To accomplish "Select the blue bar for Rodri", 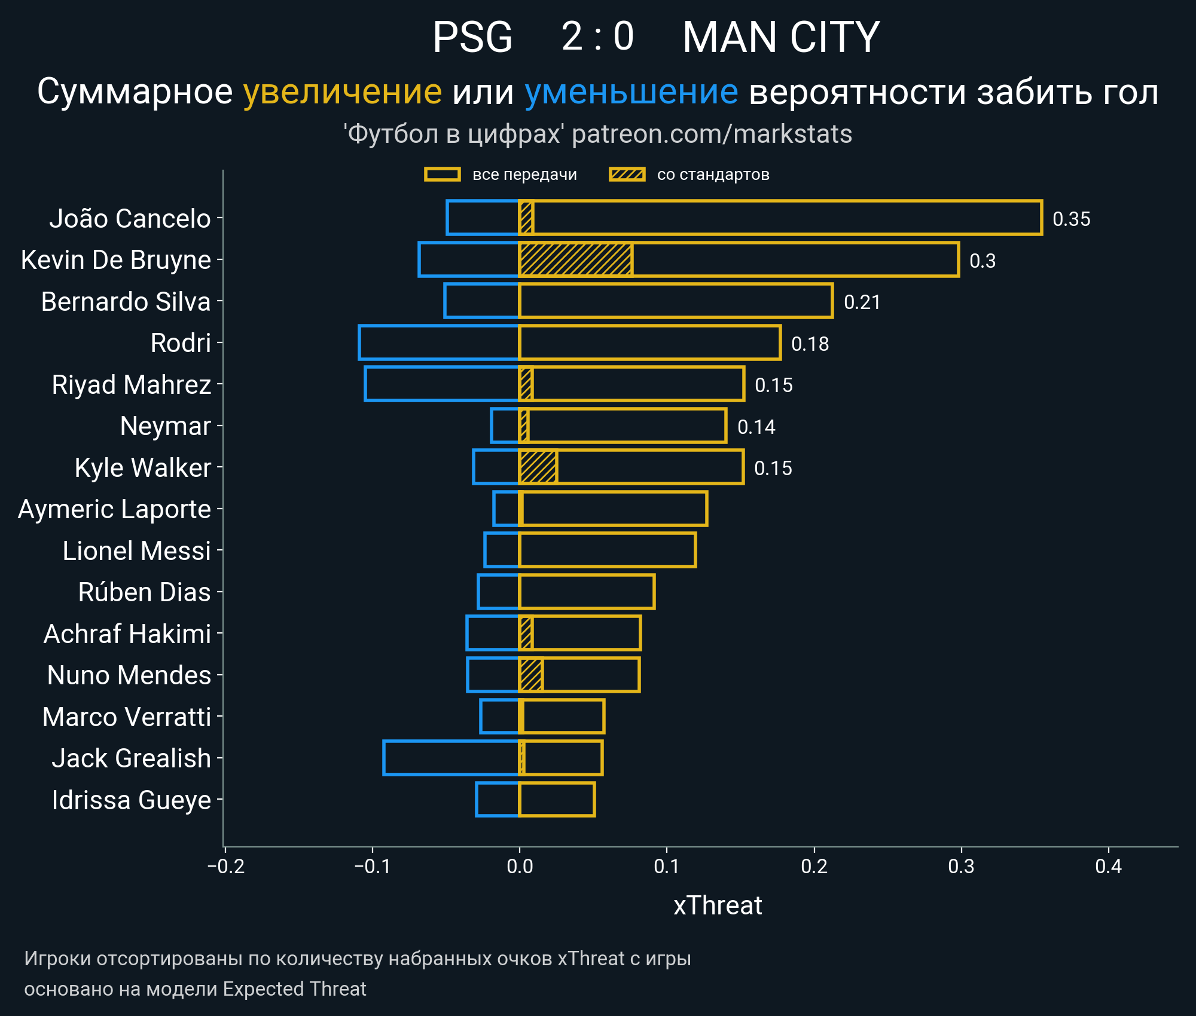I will [x=439, y=343].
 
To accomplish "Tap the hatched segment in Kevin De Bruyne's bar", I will [x=576, y=260].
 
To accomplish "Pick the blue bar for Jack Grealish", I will [x=451, y=758].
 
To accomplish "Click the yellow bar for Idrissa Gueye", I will [x=557, y=800].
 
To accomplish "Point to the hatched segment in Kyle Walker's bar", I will [x=538, y=467].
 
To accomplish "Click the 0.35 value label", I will [x=1071, y=219].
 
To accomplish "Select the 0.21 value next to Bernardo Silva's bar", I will [x=862, y=302].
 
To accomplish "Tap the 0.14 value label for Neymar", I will [x=756, y=427].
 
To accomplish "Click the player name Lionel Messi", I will [x=137, y=551].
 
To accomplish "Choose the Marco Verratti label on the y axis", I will [x=127, y=717].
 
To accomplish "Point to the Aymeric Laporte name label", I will [x=115, y=510].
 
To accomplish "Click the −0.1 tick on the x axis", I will [x=372, y=867].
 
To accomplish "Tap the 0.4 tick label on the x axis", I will [x=1108, y=867].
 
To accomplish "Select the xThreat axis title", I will [x=718, y=906].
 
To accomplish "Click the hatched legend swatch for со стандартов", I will [x=627, y=175].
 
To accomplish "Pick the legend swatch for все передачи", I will [x=442, y=175].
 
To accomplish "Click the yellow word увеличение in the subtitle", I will [x=342, y=92].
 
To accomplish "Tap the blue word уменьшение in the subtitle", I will [x=631, y=92].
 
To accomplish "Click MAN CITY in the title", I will [x=780, y=37].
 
